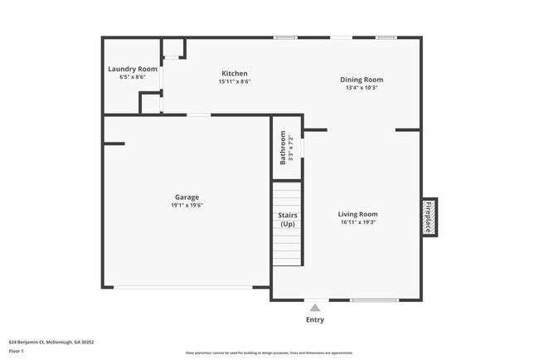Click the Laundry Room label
click(x=133, y=69)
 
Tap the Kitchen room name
click(x=234, y=73)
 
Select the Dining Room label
click(x=362, y=80)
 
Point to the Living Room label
click(x=359, y=214)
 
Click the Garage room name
click(x=186, y=197)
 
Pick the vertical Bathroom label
click(x=283, y=148)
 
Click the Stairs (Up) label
click(x=288, y=220)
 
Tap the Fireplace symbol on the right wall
click(x=429, y=216)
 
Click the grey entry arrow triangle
click(x=314, y=307)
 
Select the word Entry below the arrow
click(x=315, y=320)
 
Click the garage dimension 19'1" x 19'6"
click(x=187, y=205)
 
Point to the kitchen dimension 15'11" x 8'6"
click(x=235, y=81)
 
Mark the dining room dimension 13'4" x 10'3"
click(x=362, y=88)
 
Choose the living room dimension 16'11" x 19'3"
click(x=359, y=222)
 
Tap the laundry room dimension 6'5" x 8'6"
click(x=133, y=77)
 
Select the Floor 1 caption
click(x=17, y=352)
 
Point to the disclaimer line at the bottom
click(x=269, y=353)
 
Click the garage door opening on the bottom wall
click(x=184, y=287)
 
